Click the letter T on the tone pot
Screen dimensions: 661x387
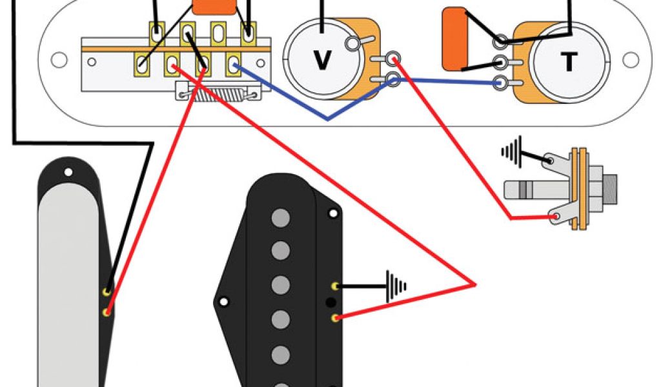pyautogui.click(x=568, y=62)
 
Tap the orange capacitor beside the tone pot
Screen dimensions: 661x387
pyautogui.click(x=456, y=38)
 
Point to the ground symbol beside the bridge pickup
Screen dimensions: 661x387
pyautogui.click(x=394, y=284)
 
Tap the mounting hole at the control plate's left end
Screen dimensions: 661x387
pyautogui.click(x=59, y=61)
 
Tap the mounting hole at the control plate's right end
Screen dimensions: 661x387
pyautogui.click(x=631, y=61)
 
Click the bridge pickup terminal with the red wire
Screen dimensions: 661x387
pyautogui.click(x=335, y=317)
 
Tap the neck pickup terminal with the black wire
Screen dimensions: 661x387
pyautogui.click(x=107, y=292)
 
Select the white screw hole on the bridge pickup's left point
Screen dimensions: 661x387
pyautogui.click(x=223, y=301)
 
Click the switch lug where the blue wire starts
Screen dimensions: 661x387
pyautogui.click(x=234, y=64)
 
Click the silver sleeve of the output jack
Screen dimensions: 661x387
pyautogui.click(x=524, y=190)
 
